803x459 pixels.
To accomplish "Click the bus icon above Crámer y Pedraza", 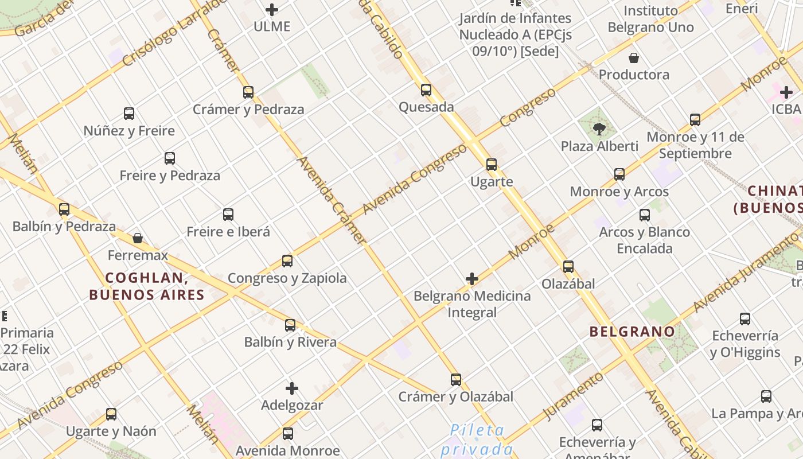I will coord(248,92).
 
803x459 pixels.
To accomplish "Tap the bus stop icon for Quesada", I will coord(426,90).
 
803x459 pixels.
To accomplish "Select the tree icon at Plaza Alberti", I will coord(599,129).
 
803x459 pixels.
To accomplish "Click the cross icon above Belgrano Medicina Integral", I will coord(472,279).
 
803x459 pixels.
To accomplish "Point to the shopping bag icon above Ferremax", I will coord(138,238).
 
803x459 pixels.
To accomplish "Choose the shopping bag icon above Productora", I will coord(634,58).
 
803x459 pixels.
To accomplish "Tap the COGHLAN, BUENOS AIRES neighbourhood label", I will coord(147,286).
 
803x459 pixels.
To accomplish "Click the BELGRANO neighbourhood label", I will coord(632,331).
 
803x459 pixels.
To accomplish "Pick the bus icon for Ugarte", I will coord(492,165).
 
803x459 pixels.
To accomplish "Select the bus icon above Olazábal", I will coord(568,266).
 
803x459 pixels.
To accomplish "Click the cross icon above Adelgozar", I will coord(292,388).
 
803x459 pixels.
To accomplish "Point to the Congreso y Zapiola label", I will coord(287,278).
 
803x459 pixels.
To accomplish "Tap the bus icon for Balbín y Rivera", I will coord(290,325).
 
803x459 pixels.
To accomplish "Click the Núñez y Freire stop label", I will coord(129,131).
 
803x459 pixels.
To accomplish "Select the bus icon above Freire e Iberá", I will coord(228,215).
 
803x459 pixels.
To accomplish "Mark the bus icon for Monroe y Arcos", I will coord(619,174).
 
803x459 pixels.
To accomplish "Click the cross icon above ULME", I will coord(272,9).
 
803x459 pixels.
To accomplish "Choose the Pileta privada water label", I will coord(477,439).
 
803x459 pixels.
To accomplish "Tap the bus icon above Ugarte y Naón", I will coord(111,414).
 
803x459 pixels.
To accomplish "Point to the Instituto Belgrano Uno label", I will coord(650,19).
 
